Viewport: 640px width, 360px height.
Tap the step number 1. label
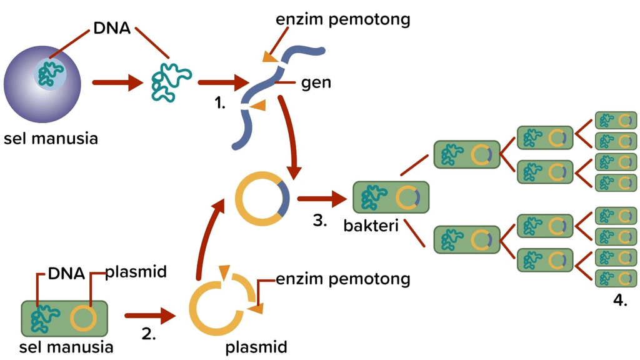(x=219, y=104)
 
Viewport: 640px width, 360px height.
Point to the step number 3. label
(x=320, y=221)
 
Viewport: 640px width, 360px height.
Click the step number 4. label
(x=619, y=301)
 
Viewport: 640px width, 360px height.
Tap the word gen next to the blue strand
(x=316, y=82)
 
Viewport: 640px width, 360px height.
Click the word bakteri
(x=371, y=225)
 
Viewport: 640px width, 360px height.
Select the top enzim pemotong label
(x=342, y=19)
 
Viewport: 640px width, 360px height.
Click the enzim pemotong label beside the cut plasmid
(x=342, y=278)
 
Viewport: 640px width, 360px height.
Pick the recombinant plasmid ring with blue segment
(x=262, y=199)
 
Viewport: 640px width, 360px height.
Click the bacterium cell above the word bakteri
(x=391, y=197)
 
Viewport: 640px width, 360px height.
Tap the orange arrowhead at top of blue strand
(x=269, y=57)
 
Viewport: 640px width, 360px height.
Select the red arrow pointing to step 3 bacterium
(x=321, y=199)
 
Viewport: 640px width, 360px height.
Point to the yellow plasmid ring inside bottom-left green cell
(x=83, y=318)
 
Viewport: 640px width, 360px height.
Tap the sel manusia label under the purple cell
(x=51, y=138)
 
